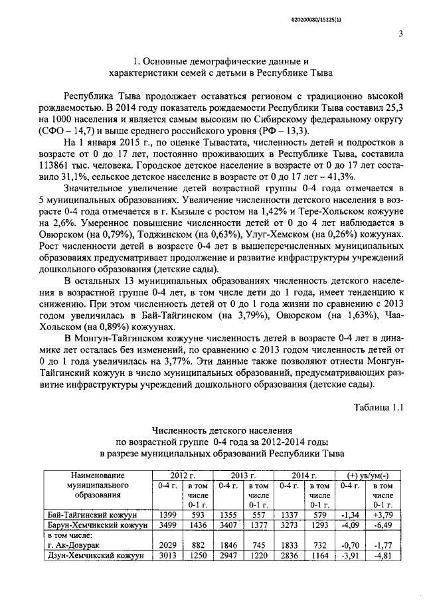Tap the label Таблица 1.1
coord(379,406)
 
